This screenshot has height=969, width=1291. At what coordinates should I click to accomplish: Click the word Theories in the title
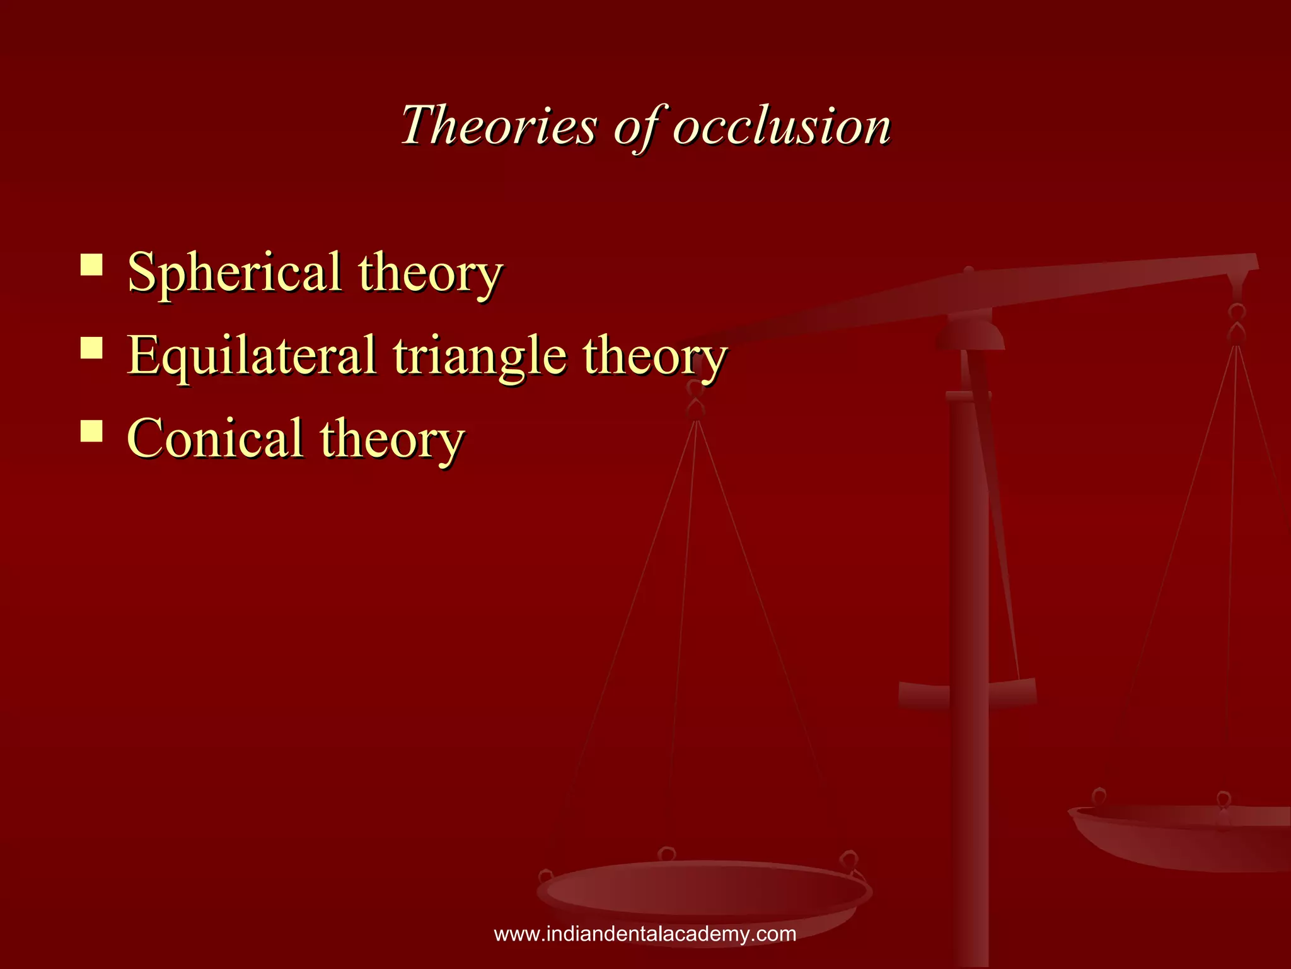click(x=498, y=125)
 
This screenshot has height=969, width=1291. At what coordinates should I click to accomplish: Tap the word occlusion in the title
click(x=782, y=125)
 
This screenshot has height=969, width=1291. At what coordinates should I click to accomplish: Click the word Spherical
click(x=234, y=273)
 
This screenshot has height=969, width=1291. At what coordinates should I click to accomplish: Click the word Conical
click(x=215, y=438)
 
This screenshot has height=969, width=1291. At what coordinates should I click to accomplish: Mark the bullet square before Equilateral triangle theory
click(x=92, y=348)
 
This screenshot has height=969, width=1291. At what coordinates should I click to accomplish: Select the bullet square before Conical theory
click(x=92, y=431)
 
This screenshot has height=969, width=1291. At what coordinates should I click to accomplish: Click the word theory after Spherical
click(x=430, y=273)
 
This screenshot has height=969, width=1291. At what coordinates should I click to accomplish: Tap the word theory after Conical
click(x=391, y=438)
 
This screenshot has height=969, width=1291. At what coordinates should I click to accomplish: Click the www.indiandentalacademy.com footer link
click(x=645, y=934)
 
